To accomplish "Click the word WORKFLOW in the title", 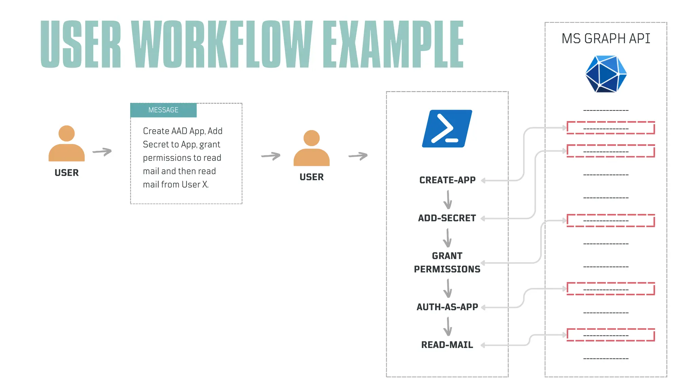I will [222, 44].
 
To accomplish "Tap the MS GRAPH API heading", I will [606, 39].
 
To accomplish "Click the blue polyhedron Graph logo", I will [606, 74].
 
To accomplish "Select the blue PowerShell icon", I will [447, 129].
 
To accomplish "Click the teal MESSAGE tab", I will [163, 110].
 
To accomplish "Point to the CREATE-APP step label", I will [447, 180].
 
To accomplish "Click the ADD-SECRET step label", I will [447, 218].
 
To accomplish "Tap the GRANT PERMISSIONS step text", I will [447, 262].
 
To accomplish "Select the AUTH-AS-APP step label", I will [447, 307].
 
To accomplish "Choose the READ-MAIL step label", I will [447, 345].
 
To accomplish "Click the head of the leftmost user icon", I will [66, 133].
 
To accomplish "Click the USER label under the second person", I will [311, 177].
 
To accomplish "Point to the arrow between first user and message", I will [102, 152].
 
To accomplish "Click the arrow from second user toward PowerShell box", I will [358, 156].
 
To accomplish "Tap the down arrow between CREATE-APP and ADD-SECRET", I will [448, 200].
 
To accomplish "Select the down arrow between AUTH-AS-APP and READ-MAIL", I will [448, 326].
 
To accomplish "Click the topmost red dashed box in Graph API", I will [611, 128].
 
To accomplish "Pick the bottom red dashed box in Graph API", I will [611, 335].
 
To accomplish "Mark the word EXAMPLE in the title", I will [393, 44].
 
